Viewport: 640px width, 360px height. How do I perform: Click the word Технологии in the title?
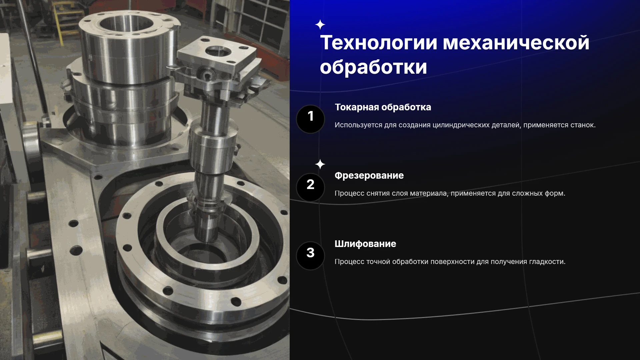pyautogui.click(x=378, y=43)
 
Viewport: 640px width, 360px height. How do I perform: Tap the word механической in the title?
pyautogui.click(x=516, y=43)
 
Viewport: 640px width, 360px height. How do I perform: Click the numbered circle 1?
pyautogui.click(x=310, y=119)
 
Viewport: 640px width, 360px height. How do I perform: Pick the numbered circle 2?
pyautogui.click(x=310, y=187)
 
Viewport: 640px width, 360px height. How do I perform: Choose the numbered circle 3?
pyautogui.click(x=310, y=256)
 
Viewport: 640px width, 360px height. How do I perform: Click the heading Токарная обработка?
pyautogui.click(x=383, y=107)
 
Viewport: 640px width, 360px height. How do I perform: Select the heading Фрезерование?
pyautogui.click(x=369, y=176)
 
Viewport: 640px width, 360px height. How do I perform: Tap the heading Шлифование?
pyautogui.click(x=365, y=244)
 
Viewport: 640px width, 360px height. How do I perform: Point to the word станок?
pyautogui.click(x=583, y=125)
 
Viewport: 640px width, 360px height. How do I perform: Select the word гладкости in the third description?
pyautogui.click(x=547, y=262)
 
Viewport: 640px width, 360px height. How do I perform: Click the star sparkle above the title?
pyautogui.click(x=320, y=25)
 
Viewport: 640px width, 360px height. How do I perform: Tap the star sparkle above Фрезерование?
pyautogui.click(x=320, y=164)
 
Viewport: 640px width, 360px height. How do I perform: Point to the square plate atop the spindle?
pyautogui.click(x=217, y=55)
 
